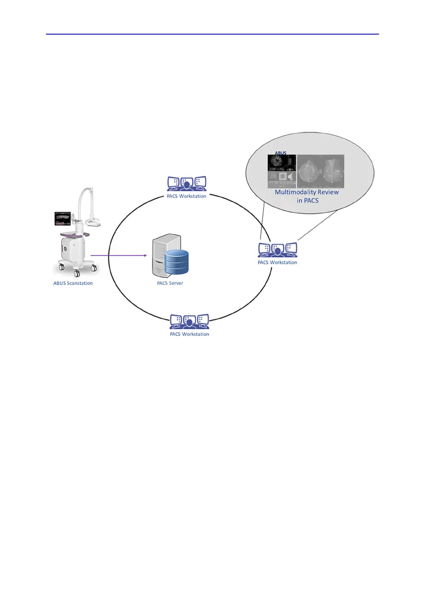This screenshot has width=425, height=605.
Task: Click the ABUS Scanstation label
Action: tap(73, 283)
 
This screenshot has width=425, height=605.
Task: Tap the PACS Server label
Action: tap(170, 283)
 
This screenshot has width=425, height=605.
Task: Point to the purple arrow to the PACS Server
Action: tap(119, 256)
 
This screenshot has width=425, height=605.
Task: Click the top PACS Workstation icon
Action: tap(187, 184)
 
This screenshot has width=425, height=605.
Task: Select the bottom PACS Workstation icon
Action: tap(190, 322)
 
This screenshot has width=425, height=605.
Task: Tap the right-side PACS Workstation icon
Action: tap(277, 250)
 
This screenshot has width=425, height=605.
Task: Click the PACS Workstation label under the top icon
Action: tap(187, 196)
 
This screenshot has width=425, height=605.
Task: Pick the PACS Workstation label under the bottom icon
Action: tap(190, 334)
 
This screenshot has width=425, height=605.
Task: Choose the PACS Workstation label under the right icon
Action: tap(277, 262)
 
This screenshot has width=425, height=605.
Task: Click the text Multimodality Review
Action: tap(307, 192)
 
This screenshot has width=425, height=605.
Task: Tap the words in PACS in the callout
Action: tap(307, 201)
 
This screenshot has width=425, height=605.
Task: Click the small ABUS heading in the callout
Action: tap(281, 153)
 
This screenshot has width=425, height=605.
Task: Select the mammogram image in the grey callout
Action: tap(320, 171)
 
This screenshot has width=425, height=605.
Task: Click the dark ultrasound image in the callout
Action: tap(281, 163)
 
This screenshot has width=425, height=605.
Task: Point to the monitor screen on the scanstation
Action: tap(63, 218)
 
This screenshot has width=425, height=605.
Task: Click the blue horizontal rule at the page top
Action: tap(212, 34)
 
